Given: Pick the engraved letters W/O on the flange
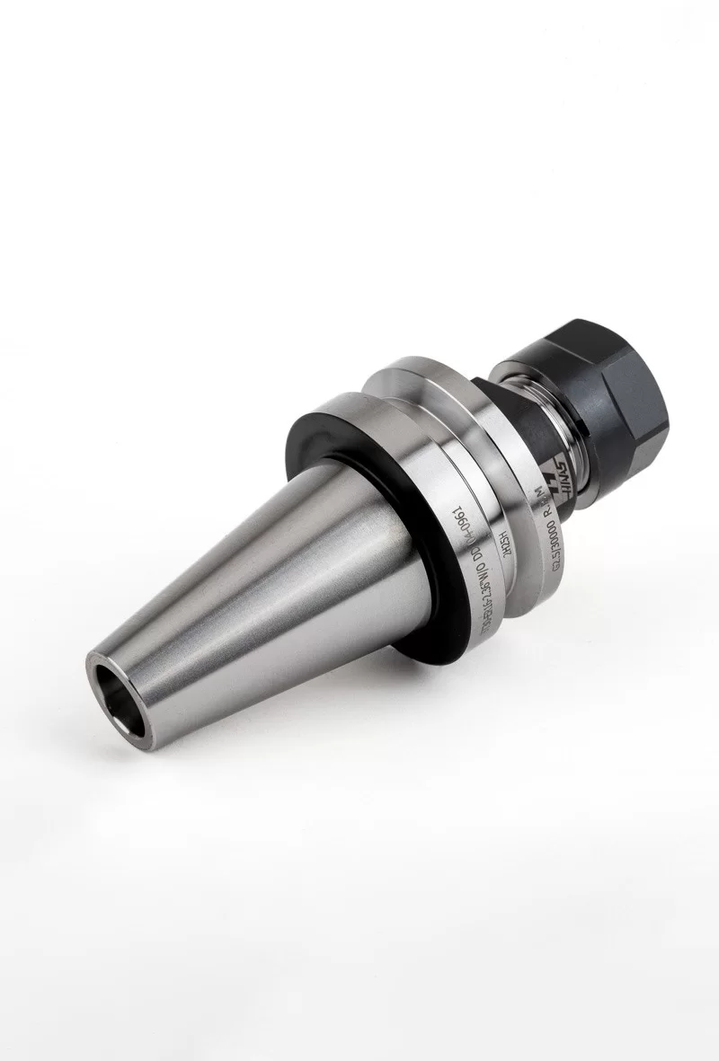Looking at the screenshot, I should (471, 571).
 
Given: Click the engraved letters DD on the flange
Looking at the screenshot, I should (469, 551).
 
